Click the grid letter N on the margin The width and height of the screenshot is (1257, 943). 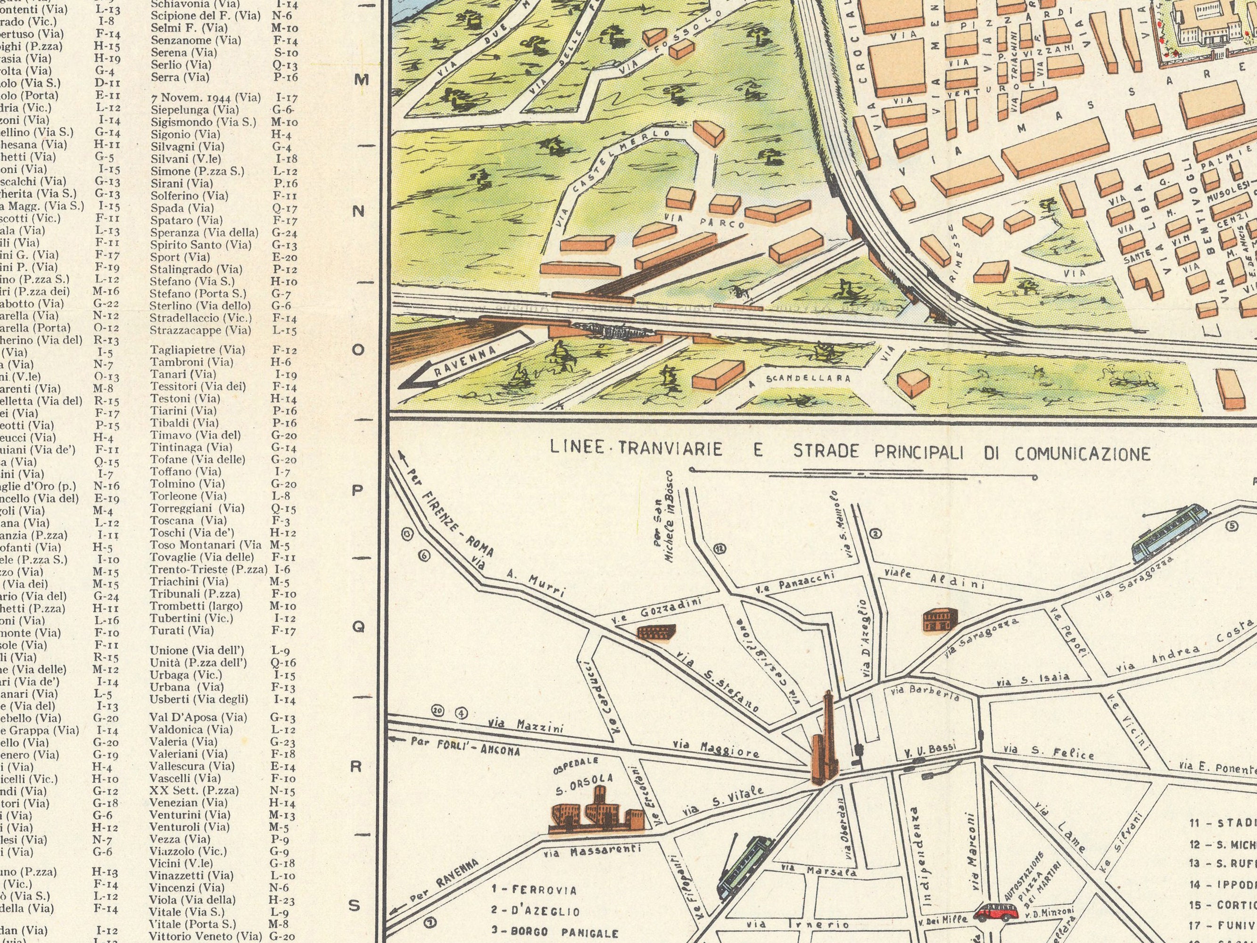358,211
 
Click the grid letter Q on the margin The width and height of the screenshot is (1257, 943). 358,627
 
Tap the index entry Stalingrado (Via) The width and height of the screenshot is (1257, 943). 196,269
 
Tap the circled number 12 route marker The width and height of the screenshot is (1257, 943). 720,548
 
